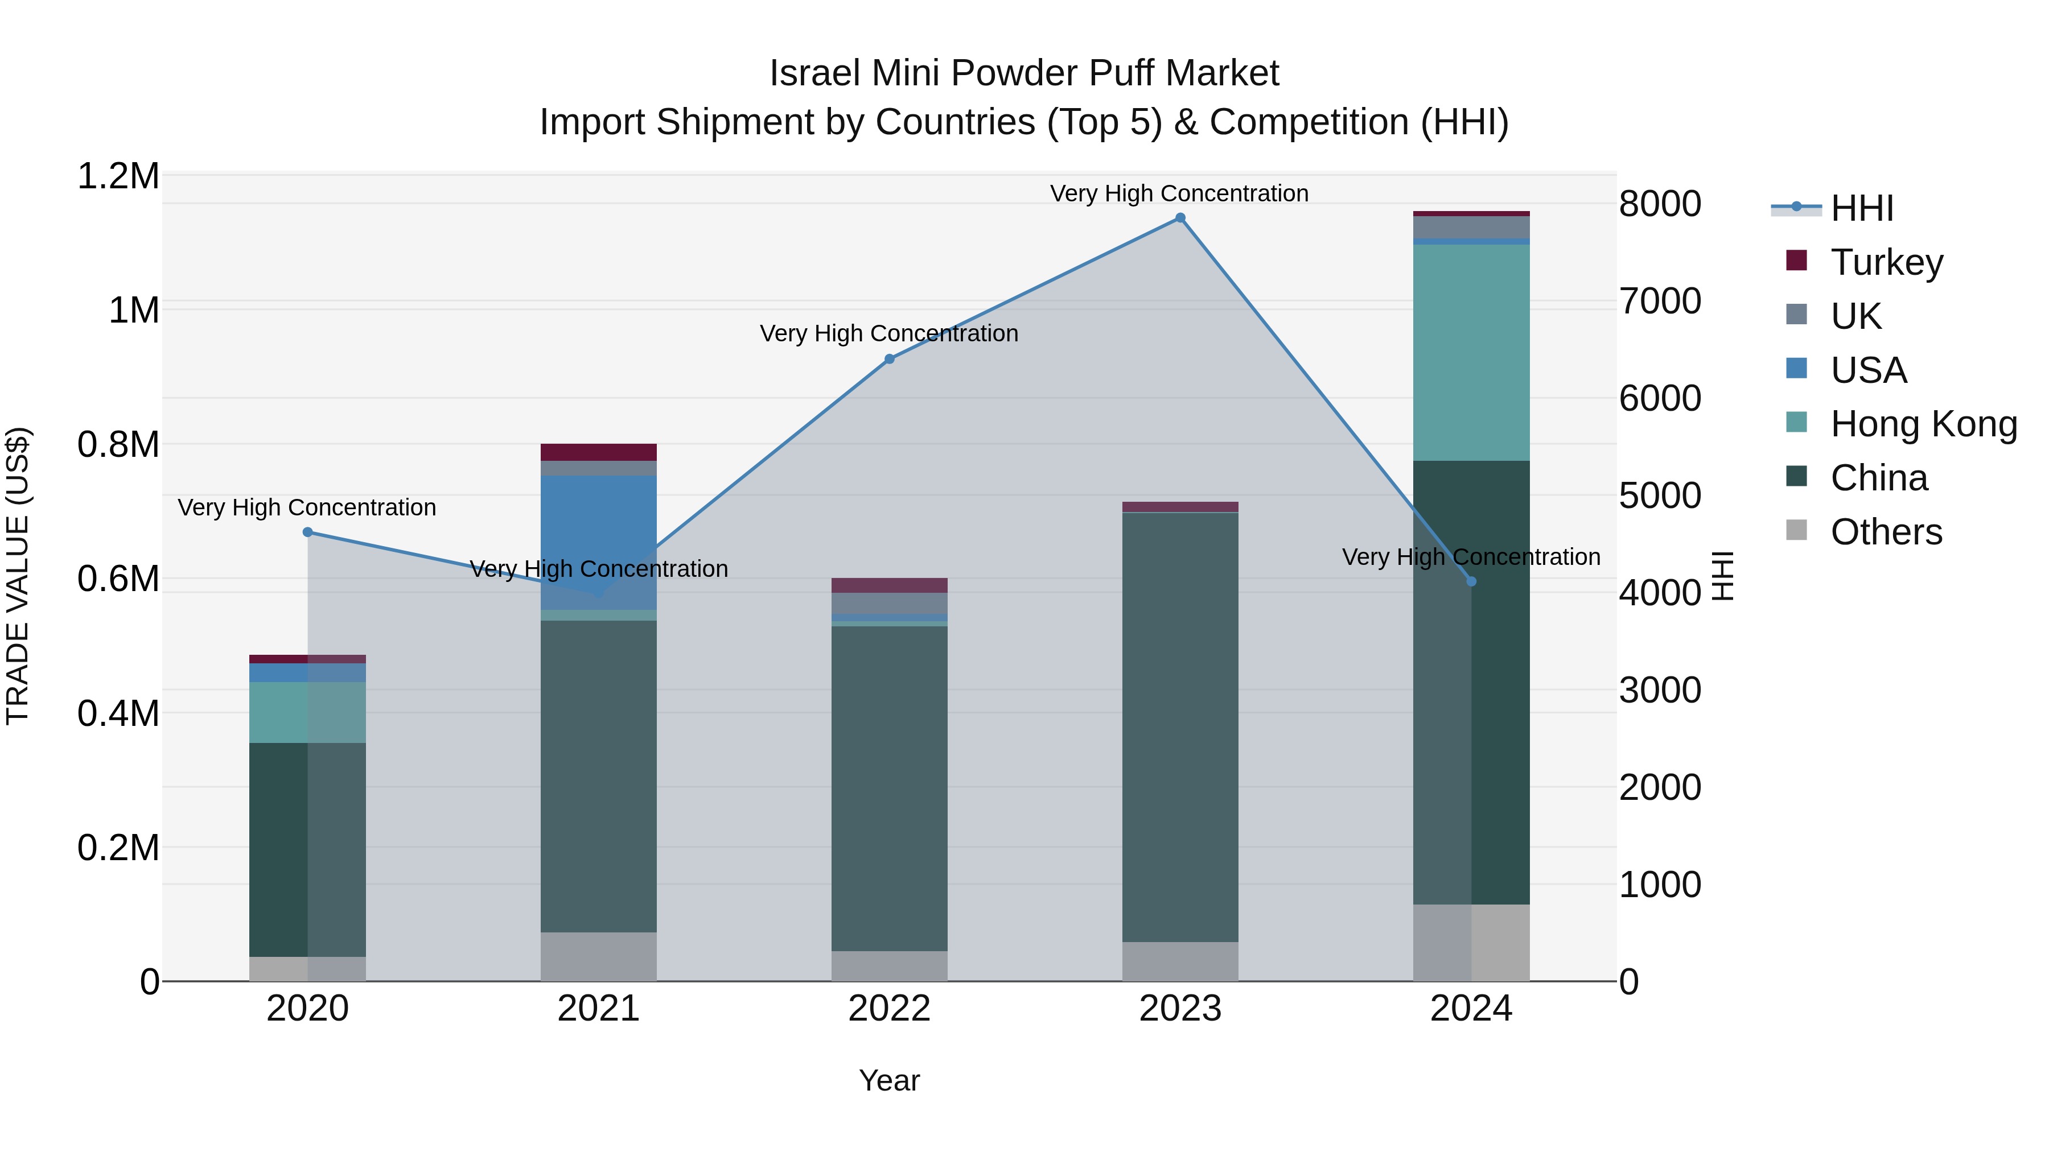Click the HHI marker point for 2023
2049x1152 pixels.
[x=1180, y=218]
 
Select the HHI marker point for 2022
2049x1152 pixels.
[x=889, y=360]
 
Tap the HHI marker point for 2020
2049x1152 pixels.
[x=308, y=532]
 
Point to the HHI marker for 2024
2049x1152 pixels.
[x=1471, y=582]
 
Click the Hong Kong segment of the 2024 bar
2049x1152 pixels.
[x=1471, y=352]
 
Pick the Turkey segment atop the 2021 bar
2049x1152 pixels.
[x=598, y=452]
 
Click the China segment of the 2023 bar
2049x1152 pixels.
[x=1180, y=728]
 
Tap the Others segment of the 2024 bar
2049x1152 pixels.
[x=1471, y=942]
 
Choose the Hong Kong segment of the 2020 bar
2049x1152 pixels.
[x=308, y=712]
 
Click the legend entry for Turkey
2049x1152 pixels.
[x=1887, y=262]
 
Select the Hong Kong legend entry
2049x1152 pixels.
[x=1923, y=424]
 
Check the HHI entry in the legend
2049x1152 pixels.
[x=1861, y=208]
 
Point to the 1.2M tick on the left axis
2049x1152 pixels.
[x=118, y=176]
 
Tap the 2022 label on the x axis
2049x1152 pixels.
[x=889, y=1009]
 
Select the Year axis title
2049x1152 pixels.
[x=889, y=1080]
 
